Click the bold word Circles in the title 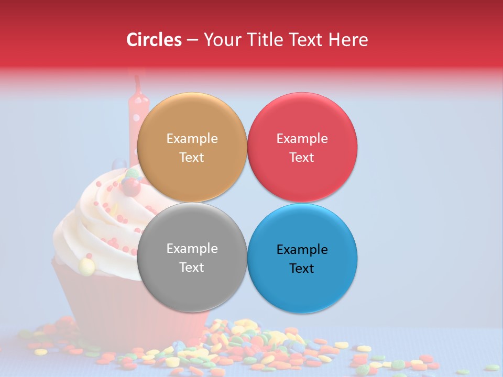click(x=154, y=40)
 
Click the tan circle click(x=192, y=147)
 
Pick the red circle click(x=302, y=147)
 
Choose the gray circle click(x=192, y=257)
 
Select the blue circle click(x=302, y=258)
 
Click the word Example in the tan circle click(x=192, y=138)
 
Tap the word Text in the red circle click(x=302, y=157)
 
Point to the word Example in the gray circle click(x=192, y=248)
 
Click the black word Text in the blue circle click(x=302, y=268)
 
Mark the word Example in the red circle click(x=302, y=138)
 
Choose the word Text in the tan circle click(x=192, y=157)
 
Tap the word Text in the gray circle click(x=192, y=267)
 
